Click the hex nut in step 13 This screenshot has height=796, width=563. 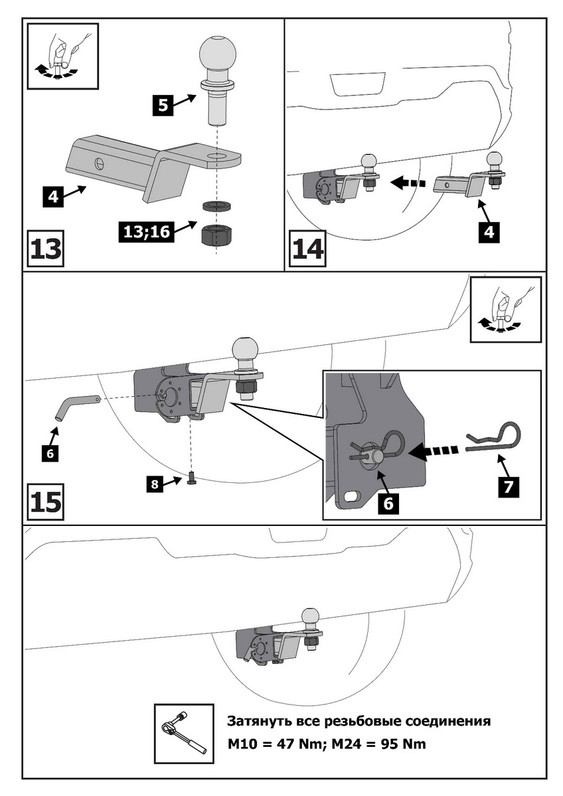tap(216, 235)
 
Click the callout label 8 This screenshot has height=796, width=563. tap(154, 485)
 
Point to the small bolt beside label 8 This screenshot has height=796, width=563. tap(191, 478)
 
